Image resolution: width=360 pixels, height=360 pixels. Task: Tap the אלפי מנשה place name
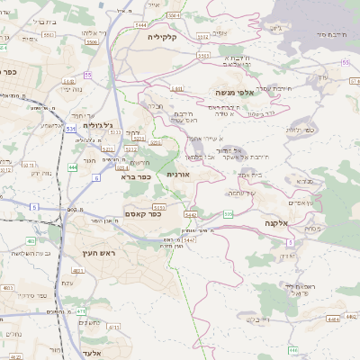pyautogui.click(x=232, y=92)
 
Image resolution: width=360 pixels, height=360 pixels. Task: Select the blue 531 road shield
pyautogui.click(x=70, y=130)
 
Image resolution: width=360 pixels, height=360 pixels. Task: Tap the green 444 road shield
pyautogui.click(x=72, y=168)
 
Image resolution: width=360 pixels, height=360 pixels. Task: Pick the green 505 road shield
pyautogui.click(x=229, y=214)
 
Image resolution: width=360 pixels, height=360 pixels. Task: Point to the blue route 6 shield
pyautogui.click(x=96, y=178)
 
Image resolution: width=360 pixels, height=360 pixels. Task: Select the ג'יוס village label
pyautogui.click(x=274, y=29)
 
